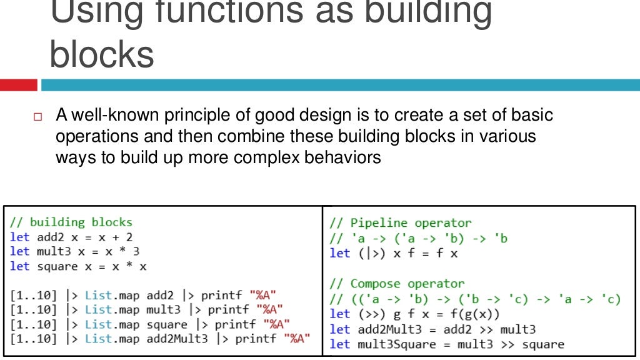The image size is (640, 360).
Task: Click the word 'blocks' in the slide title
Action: [x=101, y=54]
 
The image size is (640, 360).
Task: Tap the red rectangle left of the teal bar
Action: [x=18, y=85]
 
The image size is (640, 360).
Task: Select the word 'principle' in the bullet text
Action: [x=194, y=116]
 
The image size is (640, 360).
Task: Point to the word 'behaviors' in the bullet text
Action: [x=342, y=157]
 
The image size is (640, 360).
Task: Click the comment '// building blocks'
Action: [x=71, y=222]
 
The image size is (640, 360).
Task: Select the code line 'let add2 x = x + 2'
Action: [x=71, y=237]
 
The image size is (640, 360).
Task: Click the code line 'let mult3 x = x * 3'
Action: [x=74, y=251]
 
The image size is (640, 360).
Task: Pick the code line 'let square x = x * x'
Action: [x=78, y=266]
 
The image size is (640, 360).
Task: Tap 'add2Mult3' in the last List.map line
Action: [x=177, y=339]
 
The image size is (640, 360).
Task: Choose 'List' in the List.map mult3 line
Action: [x=97, y=309]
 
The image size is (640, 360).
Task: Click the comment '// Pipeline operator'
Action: [x=400, y=223]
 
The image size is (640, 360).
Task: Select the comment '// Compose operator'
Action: [x=397, y=284]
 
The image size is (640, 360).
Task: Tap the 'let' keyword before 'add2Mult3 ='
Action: [x=339, y=329]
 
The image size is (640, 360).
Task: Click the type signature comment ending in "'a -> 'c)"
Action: [x=475, y=299]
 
